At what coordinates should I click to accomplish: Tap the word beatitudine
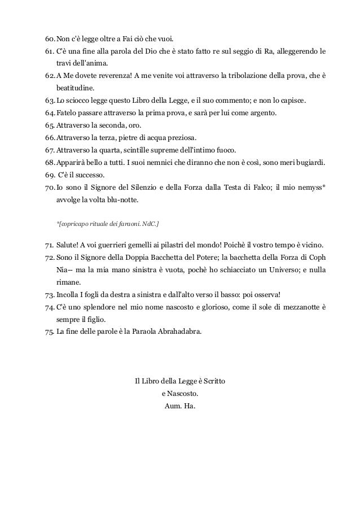coord(76,89)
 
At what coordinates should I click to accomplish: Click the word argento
coord(262,113)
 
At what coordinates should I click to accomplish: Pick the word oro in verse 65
coord(135,125)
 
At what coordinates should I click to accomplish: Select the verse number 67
coord(49,150)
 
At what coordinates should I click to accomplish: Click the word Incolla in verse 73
coord(68,295)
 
